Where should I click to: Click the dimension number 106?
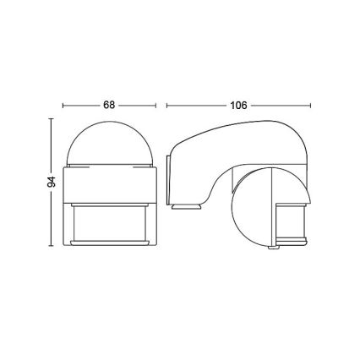pos(239,106)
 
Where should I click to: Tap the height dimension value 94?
pos(52,183)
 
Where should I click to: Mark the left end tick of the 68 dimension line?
pos(64,106)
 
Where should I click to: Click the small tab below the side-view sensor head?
pos(271,248)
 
